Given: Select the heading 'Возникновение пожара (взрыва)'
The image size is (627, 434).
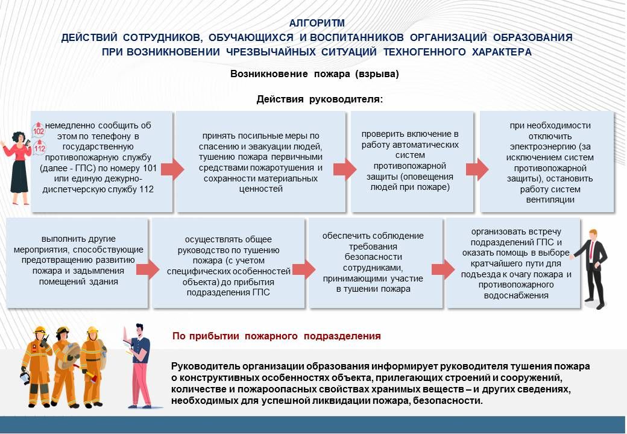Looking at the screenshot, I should point(314,74).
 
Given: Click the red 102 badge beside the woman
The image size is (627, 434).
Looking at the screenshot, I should point(39,130).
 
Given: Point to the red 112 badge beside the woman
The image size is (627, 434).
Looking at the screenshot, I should point(40,148).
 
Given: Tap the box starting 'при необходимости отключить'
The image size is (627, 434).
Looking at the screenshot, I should point(546,162).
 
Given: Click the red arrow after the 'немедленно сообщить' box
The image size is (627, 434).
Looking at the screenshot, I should point(172,169).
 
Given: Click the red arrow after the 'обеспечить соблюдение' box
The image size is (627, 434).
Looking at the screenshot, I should point(444,269).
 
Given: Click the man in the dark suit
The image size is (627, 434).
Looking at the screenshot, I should point(593,265).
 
